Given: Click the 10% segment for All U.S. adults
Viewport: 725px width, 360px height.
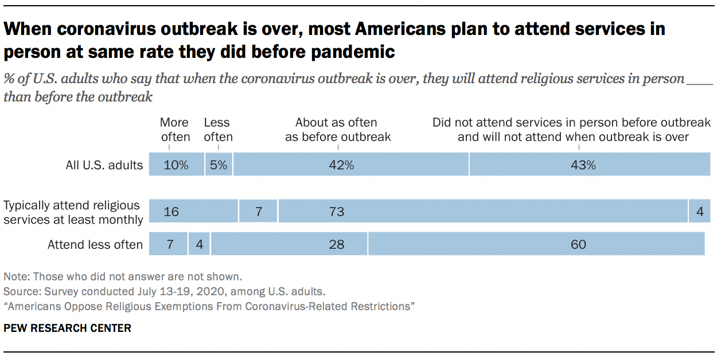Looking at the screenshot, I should [176, 165].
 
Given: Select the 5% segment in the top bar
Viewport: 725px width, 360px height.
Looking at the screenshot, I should [219, 165].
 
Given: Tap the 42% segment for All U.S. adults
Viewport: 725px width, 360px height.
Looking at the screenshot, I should [350, 165].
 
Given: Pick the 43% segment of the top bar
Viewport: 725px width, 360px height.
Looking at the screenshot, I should [590, 165].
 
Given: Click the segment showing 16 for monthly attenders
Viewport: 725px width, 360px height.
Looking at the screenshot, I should [193, 212].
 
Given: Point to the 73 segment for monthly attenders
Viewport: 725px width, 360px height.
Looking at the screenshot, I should [482, 212].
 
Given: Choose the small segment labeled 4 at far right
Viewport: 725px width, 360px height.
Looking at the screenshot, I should [700, 212].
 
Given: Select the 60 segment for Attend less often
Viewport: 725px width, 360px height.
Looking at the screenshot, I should [536, 245].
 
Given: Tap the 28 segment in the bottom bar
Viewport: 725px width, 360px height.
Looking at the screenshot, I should [289, 245].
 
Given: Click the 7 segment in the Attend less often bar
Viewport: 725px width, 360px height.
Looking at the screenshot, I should [168, 245].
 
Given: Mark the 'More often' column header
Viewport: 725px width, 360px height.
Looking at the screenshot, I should [174, 130].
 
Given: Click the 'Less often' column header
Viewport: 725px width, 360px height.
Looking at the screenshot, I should [218, 130].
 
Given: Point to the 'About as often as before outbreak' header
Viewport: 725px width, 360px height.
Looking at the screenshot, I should [337, 130].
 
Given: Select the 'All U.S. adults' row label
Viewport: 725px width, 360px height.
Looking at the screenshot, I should [104, 165].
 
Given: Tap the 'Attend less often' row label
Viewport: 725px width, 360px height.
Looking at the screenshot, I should [95, 245].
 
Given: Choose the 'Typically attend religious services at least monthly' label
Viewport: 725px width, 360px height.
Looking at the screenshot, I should [73, 212].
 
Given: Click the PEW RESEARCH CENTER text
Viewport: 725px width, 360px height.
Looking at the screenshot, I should [67, 328].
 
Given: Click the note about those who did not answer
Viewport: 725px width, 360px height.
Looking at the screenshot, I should [123, 276].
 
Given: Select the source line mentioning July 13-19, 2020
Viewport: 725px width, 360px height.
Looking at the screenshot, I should [164, 291].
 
